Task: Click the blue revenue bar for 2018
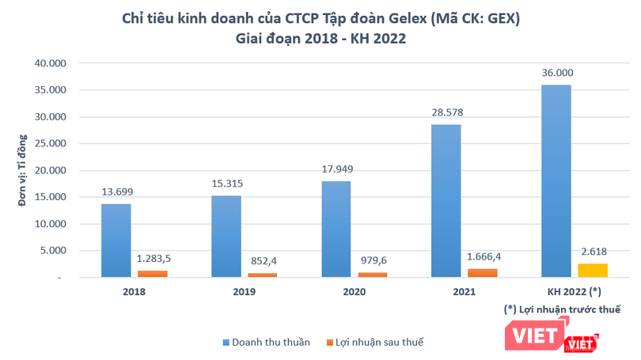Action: pyautogui.click(x=116, y=241)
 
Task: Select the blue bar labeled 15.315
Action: pyautogui.click(x=226, y=237)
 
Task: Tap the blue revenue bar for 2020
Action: pyautogui.click(x=336, y=229)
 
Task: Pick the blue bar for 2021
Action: pyautogui.click(x=446, y=201)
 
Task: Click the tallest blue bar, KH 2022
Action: pyautogui.click(x=556, y=181)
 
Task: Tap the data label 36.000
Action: pyautogui.click(x=556, y=72)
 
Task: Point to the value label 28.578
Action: pyautogui.click(x=446, y=112)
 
